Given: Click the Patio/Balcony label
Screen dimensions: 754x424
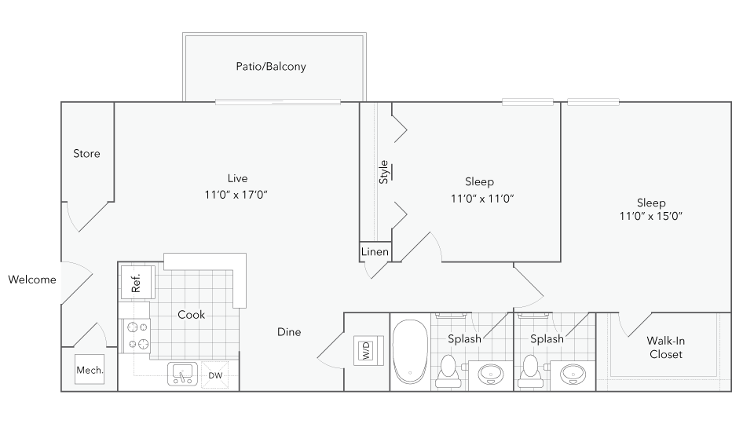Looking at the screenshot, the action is coord(271,67).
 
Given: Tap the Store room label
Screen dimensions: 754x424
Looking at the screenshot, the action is coord(86,154).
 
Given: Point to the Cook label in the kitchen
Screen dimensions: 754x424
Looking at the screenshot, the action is coord(191,315).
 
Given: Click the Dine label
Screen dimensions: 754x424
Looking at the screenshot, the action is coord(289,332).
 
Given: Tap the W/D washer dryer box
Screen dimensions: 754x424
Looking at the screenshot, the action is coord(366,349).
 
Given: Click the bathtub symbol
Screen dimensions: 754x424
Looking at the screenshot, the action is coord(410,350).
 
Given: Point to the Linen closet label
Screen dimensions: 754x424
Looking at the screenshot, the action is coord(375,252).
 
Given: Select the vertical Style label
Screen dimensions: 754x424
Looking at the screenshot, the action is coord(384,171).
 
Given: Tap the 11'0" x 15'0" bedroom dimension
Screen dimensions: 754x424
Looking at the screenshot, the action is coord(651,217).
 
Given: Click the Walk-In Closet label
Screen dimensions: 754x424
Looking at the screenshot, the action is coord(664,347).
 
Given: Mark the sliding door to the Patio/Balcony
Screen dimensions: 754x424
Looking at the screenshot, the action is coord(278,101).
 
